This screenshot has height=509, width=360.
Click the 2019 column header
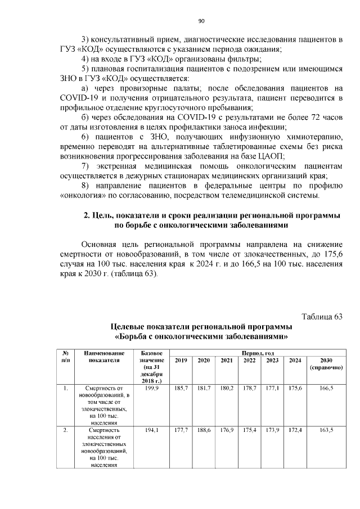tap(181, 360)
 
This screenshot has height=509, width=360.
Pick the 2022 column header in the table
tap(249, 360)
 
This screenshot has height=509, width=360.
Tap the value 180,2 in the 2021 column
tap(226, 388)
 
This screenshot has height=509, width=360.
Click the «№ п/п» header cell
tap(66, 356)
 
